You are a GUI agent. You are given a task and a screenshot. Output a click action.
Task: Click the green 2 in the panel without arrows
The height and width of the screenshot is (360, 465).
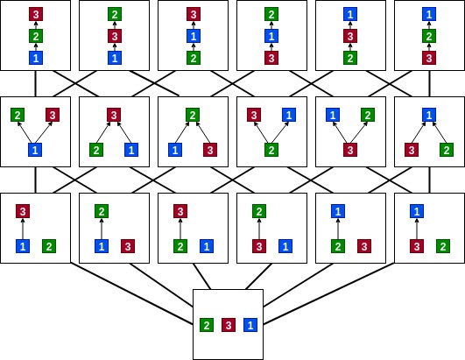[x=207, y=325]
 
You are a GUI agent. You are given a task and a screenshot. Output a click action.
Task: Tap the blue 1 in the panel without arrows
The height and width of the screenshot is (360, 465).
[x=250, y=325]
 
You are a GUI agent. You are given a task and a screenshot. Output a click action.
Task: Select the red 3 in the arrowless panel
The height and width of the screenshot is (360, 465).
[x=229, y=325]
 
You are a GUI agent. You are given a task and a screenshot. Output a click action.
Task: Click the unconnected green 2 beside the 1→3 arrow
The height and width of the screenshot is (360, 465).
[x=49, y=246]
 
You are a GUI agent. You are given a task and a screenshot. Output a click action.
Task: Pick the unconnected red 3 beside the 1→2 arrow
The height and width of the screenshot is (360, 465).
[x=128, y=246]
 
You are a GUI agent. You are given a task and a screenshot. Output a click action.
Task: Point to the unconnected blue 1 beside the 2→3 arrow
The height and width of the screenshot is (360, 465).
[x=207, y=246]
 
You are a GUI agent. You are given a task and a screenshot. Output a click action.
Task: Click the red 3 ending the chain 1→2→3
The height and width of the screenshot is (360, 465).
[x=36, y=14]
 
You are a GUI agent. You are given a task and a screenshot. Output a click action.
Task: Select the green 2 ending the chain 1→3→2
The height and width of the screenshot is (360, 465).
[x=115, y=14]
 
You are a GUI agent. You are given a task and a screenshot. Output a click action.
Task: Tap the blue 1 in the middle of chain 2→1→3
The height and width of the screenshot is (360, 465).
[x=194, y=36]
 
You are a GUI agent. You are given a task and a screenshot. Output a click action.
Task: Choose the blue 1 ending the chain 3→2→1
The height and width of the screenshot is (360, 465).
[x=429, y=14]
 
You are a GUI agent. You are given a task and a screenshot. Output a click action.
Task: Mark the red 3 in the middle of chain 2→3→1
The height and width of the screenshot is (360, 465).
[x=350, y=36]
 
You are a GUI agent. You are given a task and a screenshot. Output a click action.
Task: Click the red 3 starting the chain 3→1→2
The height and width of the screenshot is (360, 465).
[x=271, y=58]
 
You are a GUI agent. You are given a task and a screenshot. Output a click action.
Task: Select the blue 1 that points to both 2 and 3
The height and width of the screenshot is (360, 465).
[x=35, y=150]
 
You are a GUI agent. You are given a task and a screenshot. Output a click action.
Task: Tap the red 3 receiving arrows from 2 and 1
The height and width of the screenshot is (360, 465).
[x=114, y=115]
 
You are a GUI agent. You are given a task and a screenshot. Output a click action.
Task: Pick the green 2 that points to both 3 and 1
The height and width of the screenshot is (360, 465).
[x=271, y=150]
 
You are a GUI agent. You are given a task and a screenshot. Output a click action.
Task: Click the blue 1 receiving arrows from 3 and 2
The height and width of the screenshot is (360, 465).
[x=429, y=115]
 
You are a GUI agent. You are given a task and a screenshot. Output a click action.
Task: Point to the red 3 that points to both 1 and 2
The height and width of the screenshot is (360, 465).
[x=350, y=150]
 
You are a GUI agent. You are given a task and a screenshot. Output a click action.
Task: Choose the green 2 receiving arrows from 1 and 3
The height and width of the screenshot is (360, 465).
[x=193, y=115]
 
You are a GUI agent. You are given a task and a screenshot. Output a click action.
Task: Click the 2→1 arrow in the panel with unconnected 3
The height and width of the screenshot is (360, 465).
[x=338, y=229]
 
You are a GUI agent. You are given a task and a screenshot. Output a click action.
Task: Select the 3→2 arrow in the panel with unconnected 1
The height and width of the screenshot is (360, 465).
[x=259, y=229]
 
